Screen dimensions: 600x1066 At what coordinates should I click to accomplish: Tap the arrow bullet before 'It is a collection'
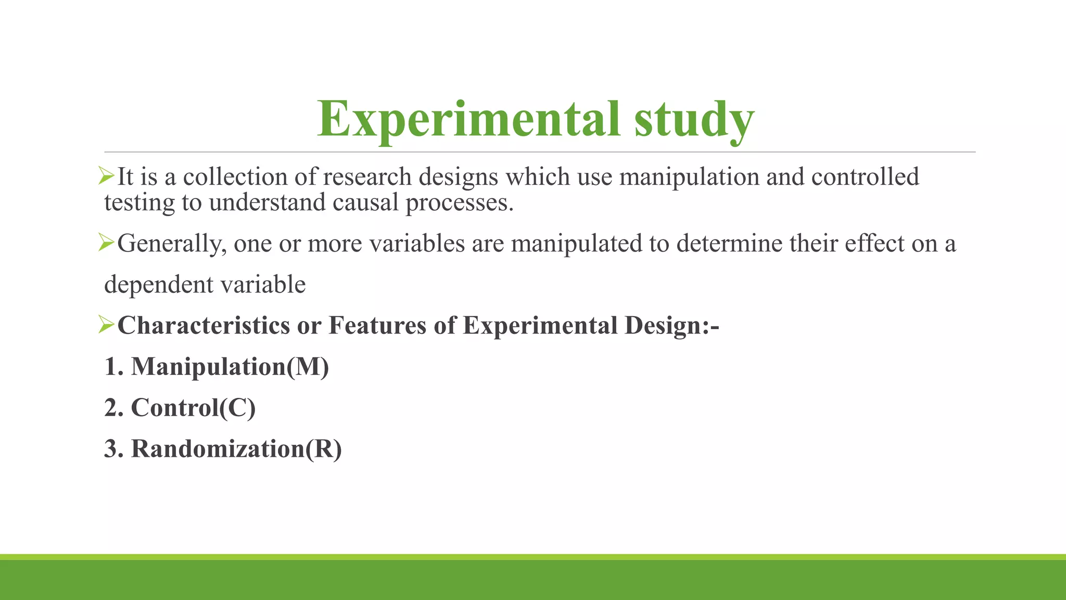106,176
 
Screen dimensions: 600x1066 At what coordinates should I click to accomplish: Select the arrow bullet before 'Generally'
106,243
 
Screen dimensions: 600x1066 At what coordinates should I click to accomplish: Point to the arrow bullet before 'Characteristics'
106,325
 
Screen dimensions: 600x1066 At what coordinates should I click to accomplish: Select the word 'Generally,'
172,244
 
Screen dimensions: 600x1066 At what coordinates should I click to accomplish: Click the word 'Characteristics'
204,326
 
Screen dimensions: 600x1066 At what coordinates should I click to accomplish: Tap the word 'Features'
377,326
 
